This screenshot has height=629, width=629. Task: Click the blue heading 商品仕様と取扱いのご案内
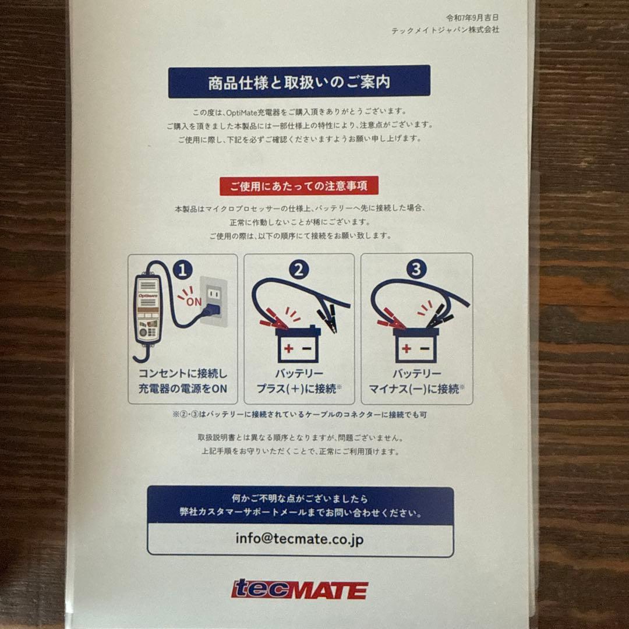coord(299,82)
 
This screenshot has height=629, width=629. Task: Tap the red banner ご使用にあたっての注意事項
coord(299,186)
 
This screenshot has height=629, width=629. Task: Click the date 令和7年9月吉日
coord(473,18)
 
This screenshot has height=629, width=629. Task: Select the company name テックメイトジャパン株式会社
coord(445,30)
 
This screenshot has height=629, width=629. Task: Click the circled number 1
coord(182,270)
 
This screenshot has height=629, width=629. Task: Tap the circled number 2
coord(299,270)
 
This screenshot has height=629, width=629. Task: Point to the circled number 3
coord(416,270)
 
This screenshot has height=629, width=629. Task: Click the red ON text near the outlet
coord(193,301)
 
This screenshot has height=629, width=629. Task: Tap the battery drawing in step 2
coord(298,345)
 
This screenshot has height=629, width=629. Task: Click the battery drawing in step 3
coord(415,345)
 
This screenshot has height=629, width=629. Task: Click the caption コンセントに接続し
coord(182,373)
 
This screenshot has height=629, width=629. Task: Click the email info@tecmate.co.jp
coord(299,539)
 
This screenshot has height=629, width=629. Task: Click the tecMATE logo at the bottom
coord(299,589)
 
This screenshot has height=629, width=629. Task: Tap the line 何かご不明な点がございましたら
coord(299,499)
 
